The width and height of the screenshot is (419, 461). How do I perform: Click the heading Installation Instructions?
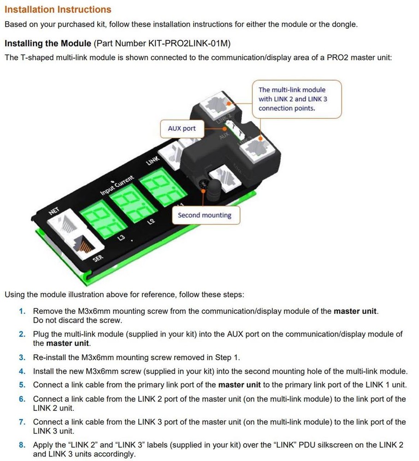[x=58, y=9]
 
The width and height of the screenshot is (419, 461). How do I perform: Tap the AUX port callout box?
[x=182, y=129]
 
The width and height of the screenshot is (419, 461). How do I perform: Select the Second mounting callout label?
[x=204, y=215]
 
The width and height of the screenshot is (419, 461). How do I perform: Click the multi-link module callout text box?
[x=297, y=99]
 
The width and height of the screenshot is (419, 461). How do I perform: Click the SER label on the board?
[x=98, y=258]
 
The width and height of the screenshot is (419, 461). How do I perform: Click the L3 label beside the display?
[x=121, y=237]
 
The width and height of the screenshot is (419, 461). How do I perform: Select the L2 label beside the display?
[x=150, y=223]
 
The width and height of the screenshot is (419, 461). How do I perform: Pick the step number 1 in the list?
[x=22, y=311]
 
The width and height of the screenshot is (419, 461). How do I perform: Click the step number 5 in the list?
[x=22, y=385]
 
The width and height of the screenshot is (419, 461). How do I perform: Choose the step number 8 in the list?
[x=22, y=445]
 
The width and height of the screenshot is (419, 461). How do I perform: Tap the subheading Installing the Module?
[x=48, y=43]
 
